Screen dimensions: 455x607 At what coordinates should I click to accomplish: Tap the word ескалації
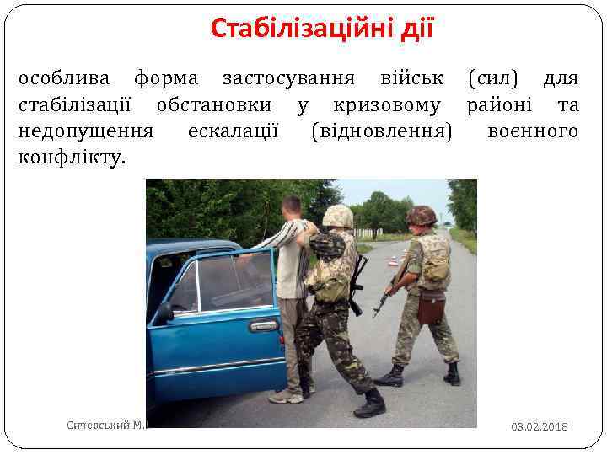click(234, 131)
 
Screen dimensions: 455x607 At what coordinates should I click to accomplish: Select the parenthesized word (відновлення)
click(381, 131)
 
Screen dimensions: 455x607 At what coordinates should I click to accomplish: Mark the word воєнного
click(533, 131)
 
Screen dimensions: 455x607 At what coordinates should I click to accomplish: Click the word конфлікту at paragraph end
click(72, 157)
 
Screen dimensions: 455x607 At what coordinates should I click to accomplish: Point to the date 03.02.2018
click(539, 427)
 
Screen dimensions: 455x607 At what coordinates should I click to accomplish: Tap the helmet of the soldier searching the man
click(337, 217)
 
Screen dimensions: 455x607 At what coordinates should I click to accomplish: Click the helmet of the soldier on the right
click(421, 215)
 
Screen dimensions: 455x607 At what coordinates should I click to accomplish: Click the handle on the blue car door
click(265, 326)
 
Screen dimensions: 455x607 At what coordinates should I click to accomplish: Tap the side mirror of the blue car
click(163, 311)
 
